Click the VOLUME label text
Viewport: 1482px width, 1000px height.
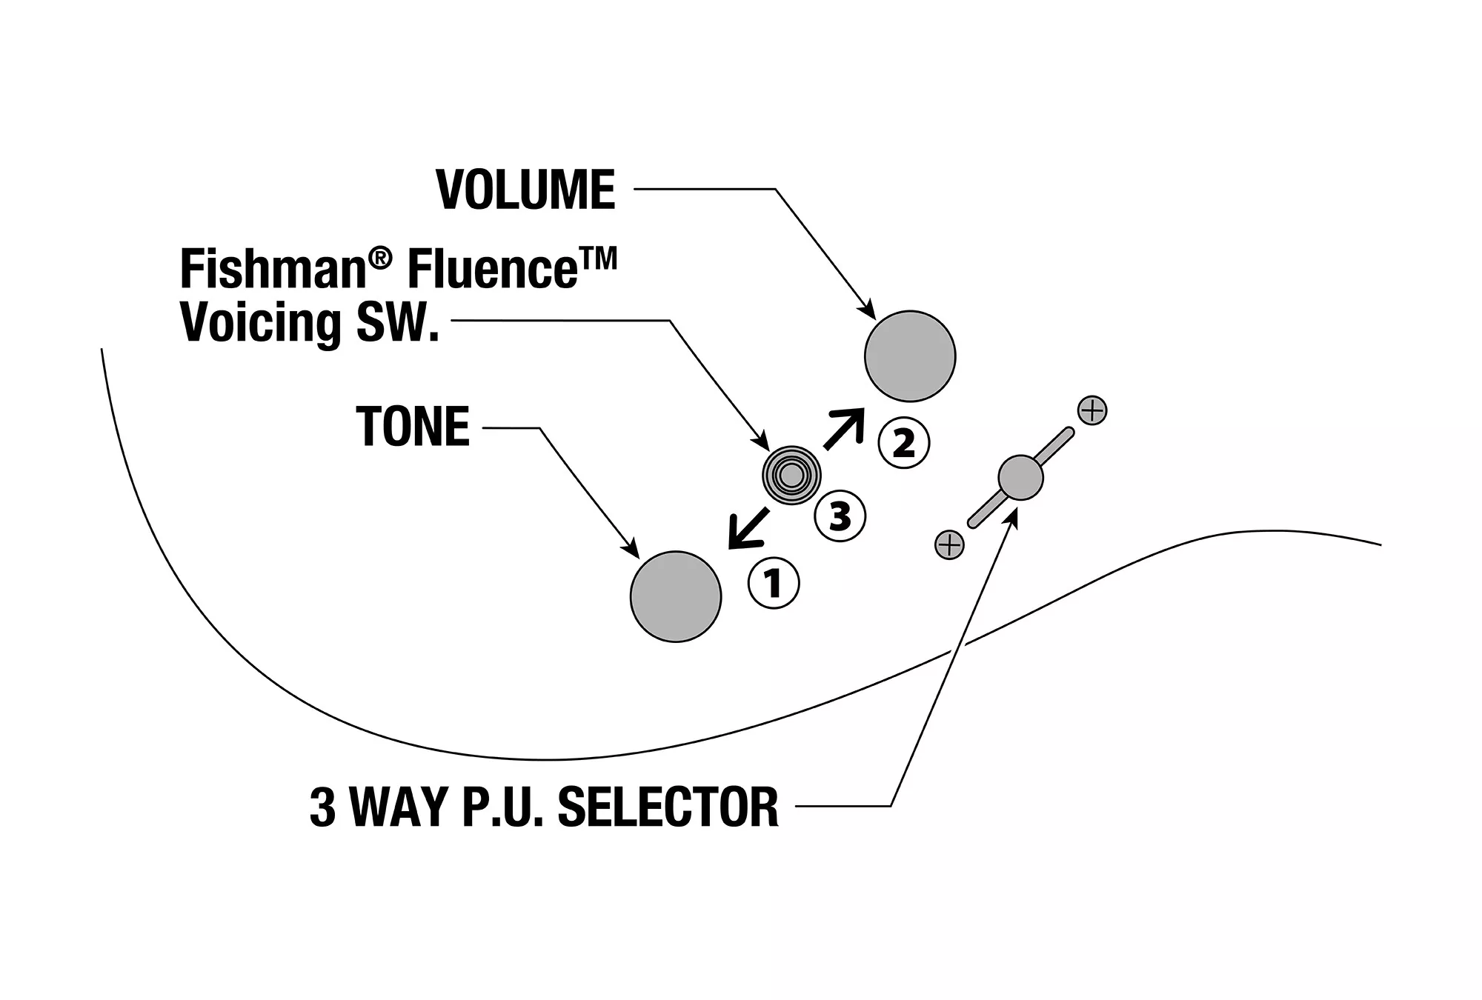click(526, 190)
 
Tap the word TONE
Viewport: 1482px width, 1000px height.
click(413, 427)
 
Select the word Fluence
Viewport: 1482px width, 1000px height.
click(493, 270)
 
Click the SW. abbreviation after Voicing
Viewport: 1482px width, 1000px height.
click(399, 323)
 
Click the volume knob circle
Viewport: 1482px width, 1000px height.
click(910, 356)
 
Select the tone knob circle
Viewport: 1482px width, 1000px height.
click(676, 596)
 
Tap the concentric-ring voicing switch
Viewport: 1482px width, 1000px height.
click(791, 476)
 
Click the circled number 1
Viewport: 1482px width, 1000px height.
click(774, 584)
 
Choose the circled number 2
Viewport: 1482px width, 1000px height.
click(903, 443)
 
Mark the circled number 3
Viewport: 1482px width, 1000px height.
click(840, 516)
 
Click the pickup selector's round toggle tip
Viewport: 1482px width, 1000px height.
click(1020, 478)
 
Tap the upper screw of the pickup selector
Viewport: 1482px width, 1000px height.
click(1092, 410)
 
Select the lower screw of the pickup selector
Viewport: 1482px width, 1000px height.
click(949, 545)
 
